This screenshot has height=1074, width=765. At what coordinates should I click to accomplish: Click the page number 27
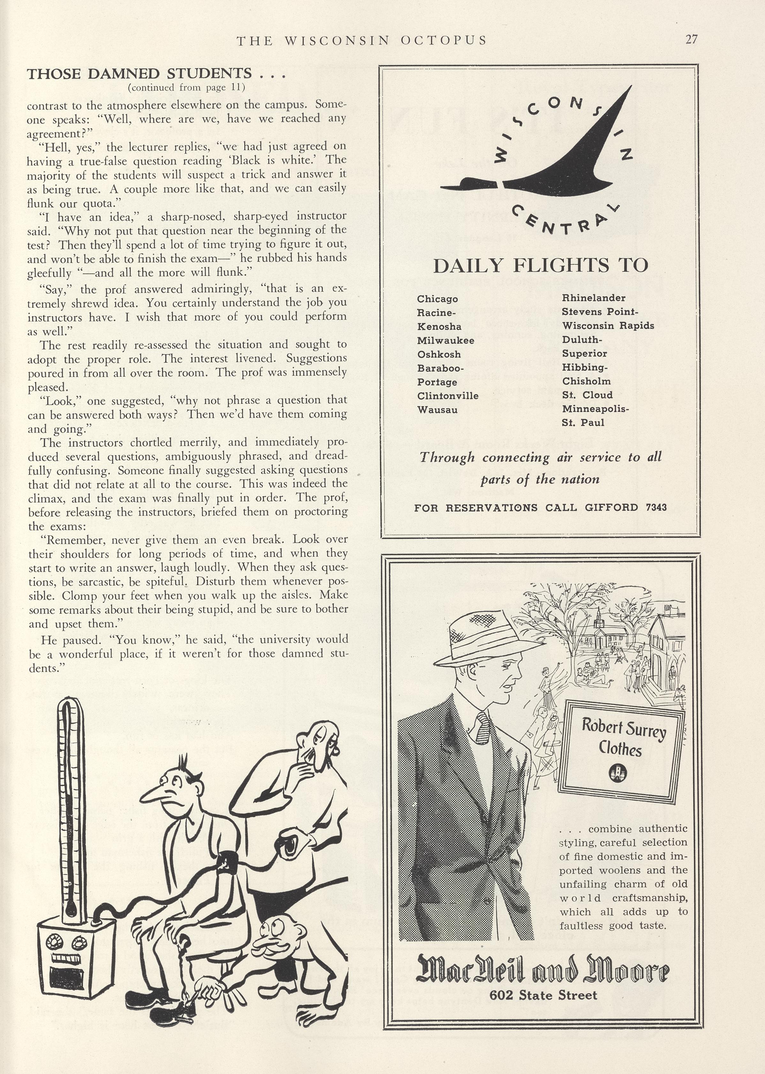pyautogui.click(x=691, y=40)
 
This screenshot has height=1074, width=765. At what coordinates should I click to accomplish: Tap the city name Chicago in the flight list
pyautogui.click(x=437, y=299)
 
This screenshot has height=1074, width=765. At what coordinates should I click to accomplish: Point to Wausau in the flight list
pyautogui.click(x=437, y=409)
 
